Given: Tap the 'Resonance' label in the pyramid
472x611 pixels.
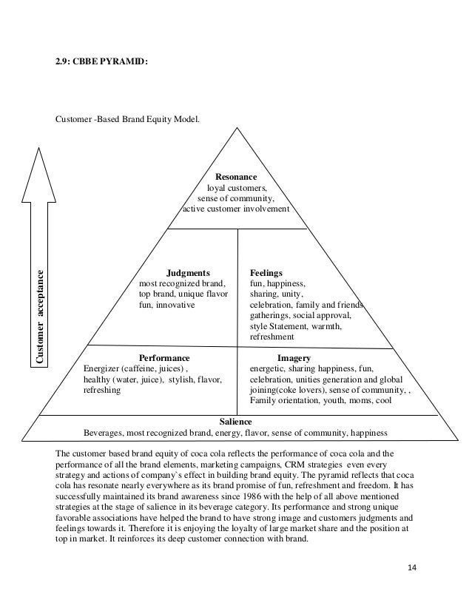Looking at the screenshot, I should tap(236, 178).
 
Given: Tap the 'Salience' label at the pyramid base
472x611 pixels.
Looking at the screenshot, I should tap(236, 421).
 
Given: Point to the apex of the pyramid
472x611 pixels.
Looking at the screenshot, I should tap(237, 127).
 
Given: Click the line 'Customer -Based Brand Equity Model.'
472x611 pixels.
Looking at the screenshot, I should tap(127, 118).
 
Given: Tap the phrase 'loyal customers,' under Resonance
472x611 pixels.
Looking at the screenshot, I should tap(236, 188).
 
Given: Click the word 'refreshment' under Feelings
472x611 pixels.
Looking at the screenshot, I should tap(272, 336).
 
